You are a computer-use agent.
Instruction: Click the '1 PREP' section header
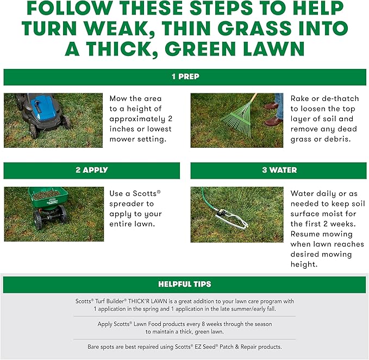point(184,77)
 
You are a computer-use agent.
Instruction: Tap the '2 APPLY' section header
point(91,170)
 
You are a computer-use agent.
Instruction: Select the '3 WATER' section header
point(279,170)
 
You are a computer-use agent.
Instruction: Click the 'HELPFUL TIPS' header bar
point(184,284)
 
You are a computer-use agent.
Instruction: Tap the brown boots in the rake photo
point(272,113)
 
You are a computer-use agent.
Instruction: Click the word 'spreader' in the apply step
point(127,204)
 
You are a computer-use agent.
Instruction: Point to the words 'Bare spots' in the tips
point(102,346)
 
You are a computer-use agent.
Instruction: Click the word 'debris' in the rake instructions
point(336,139)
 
